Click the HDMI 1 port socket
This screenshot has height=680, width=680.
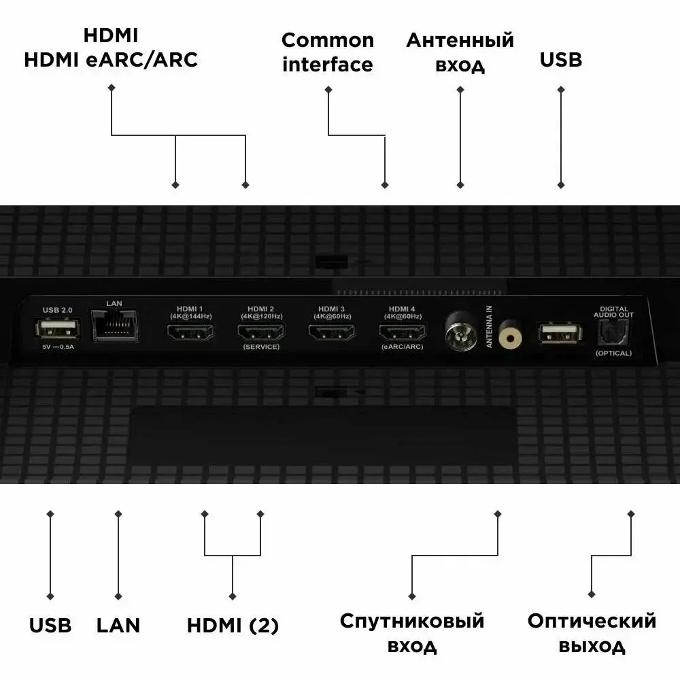coord(190,332)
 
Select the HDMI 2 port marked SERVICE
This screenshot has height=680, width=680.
coord(261,332)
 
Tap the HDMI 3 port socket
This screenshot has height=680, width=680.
coord(332,332)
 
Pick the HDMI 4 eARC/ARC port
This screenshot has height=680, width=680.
coord(403,332)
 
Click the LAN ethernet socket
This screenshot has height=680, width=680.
coord(114,325)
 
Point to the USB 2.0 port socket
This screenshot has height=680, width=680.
coord(58,328)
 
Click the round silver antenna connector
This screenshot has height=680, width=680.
coord(462,330)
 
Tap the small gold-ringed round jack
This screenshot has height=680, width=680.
coord(510,335)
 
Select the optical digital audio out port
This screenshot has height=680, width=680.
coord(613,333)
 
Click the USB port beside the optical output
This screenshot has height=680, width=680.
coord(560,333)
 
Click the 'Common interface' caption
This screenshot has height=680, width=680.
coord(328,52)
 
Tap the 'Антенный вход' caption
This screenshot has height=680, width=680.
coord(460,52)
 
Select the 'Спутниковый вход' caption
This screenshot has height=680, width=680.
coord(412,633)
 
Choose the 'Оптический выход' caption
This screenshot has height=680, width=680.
coord(592,633)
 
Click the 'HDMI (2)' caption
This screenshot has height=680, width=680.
coord(233,626)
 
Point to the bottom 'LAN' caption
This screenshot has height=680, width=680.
coord(118,626)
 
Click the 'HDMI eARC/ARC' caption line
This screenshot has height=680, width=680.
coord(111,59)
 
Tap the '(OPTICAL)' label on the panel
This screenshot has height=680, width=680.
coord(613,353)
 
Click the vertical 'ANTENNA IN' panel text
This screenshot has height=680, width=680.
coord(489,326)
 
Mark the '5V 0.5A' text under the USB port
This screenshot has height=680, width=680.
coord(58,347)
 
